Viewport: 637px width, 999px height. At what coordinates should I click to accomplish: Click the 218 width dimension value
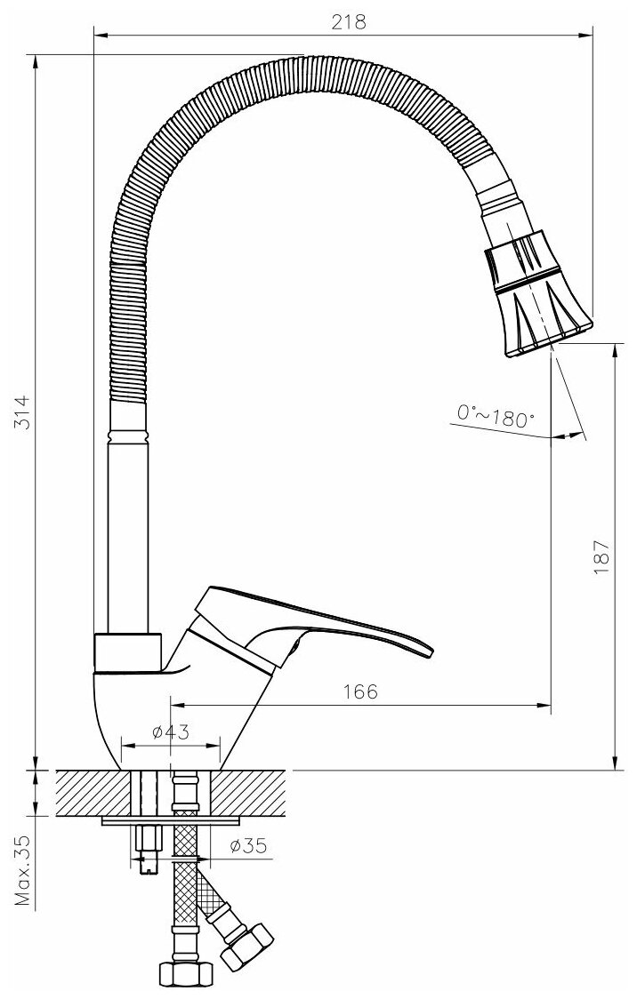click(x=350, y=22)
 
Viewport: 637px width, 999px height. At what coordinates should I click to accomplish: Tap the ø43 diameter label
click(x=171, y=731)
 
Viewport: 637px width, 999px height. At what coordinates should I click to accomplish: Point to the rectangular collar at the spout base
click(x=128, y=652)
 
